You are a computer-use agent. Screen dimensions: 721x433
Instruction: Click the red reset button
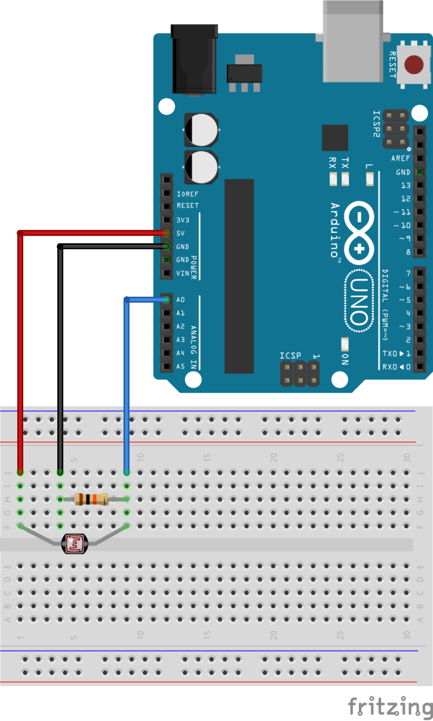(415, 64)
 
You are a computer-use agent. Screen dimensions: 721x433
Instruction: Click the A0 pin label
(181, 300)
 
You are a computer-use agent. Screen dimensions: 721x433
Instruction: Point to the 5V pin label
(181, 233)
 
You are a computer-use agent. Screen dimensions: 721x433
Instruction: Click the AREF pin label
(401, 159)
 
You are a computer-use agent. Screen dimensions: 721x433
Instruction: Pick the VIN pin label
(182, 274)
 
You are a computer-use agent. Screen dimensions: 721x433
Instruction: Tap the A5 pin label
(181, 367)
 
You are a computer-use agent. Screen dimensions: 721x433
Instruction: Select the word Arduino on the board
(335, 230)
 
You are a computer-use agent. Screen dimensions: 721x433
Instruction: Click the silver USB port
(353, 41)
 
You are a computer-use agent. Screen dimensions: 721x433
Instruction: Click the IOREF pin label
(187, 193)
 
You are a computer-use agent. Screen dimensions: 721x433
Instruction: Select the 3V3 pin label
(183, 220)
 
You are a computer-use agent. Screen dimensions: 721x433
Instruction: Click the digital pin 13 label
(405, 185)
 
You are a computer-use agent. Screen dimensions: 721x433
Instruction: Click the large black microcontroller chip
(239, 276)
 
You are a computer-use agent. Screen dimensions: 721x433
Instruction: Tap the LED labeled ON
(344, 345)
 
